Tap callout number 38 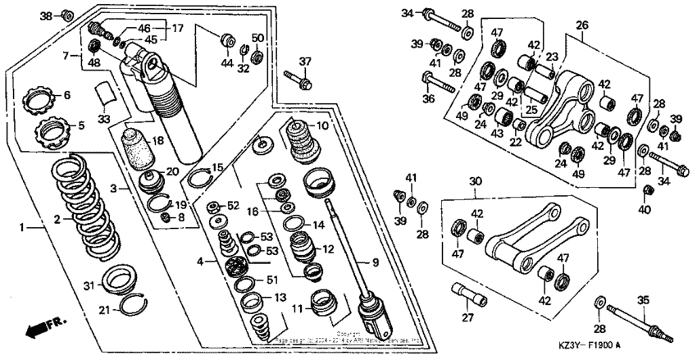pyautogui.click(x=46, y=16)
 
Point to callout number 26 pyautogui.click(x=581, y=25)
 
